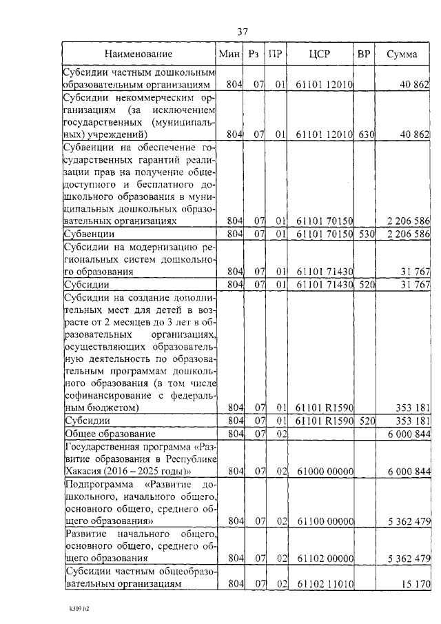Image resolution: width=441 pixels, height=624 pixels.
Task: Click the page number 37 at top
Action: [242, 31]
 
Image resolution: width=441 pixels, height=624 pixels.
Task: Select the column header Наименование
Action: [139, 54]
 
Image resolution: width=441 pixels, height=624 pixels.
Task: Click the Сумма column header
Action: [402, 54]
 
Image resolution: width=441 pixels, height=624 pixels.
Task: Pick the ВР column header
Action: [364, 54]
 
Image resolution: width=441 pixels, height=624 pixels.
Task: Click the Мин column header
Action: [229, 54]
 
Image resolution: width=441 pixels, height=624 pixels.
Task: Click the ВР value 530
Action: [365, 234]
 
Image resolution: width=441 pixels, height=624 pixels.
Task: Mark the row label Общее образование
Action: [110, 434]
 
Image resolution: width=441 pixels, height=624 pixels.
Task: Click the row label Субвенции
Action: [90, 234]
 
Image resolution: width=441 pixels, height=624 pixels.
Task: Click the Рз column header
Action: [254, 54]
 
